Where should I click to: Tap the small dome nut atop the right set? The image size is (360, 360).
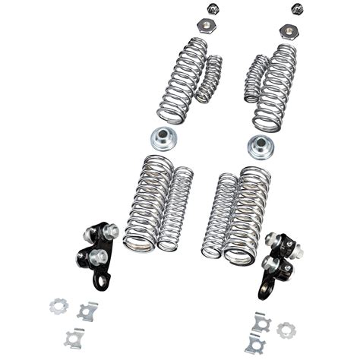pyautogui.click(x=296, y=9)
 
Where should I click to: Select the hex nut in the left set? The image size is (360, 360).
pyautogui.click(x=206, y=26)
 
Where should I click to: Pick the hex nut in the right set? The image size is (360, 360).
pyautogui.click(x=289, y=31)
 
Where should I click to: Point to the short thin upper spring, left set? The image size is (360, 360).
pyautogui.click(x=209, y=79)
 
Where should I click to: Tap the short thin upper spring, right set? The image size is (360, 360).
pyautogui.click(x=256, y=77)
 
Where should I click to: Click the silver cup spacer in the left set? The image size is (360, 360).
pyautogui.click(x=163, y=138)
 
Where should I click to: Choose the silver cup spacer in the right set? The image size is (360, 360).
pyautogui.click(x=261, y=144)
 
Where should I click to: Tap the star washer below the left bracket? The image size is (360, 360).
pyautogui.click(x=59, y=306)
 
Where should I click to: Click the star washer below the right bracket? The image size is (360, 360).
pyautogui.click(x=286, y=330)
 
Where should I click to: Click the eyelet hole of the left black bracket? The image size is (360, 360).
pyautogui.click(x=99, y=282)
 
